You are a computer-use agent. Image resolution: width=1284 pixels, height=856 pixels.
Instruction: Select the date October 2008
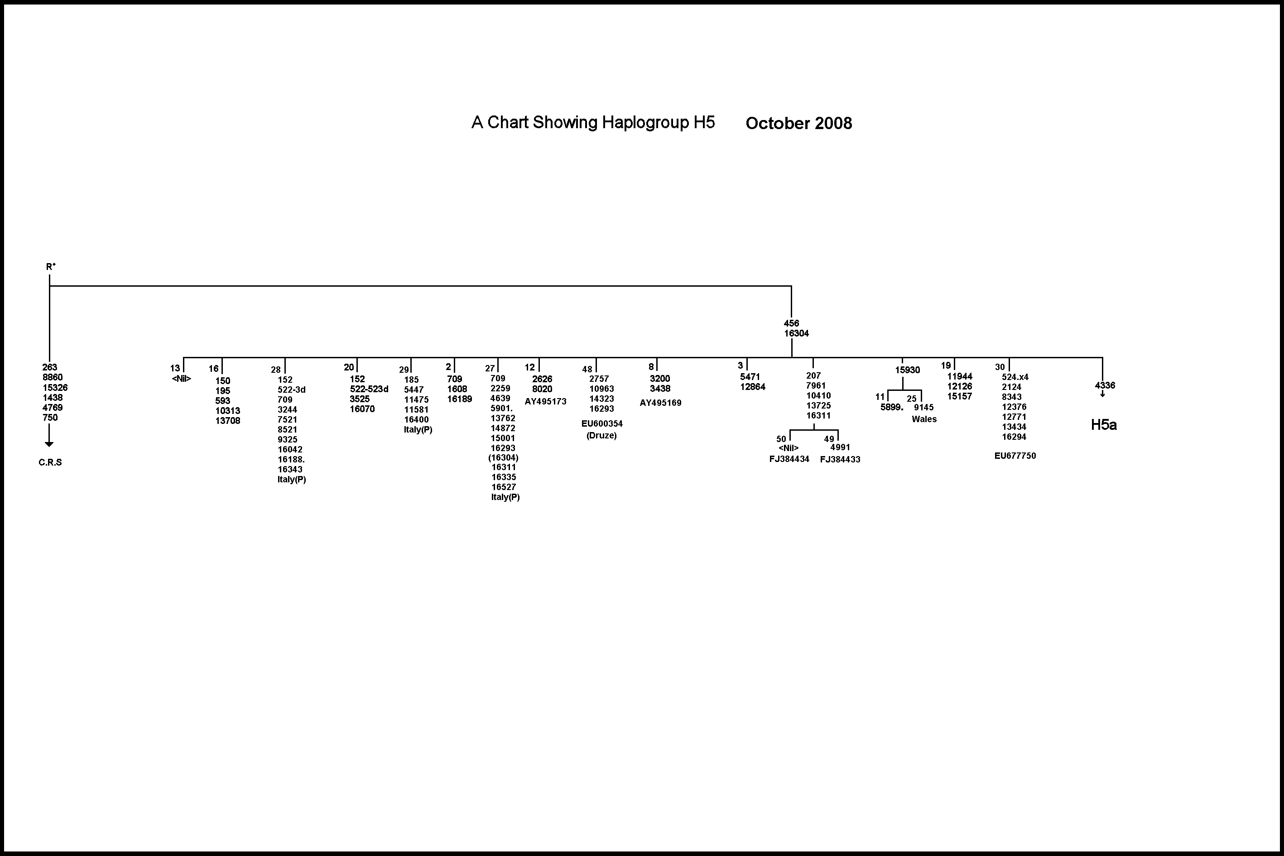coord(798,123)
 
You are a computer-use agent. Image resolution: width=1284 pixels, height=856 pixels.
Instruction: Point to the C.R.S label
coord(50,462)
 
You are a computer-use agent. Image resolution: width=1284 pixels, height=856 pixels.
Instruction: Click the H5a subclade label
coord(1103,425)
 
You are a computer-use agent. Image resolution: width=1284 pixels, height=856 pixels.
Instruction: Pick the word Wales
coord(923,419)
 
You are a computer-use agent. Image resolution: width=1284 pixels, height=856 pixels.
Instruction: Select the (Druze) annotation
coord(601,436)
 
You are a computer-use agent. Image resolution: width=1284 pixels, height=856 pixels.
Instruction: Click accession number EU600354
coord(601,423)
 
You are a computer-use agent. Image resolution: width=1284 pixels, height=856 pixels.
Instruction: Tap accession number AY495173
coord(545,402)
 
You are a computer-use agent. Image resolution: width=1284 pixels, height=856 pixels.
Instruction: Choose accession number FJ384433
coord(840,460)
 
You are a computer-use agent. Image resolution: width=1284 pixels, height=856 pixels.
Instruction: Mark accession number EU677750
coord(1015,456)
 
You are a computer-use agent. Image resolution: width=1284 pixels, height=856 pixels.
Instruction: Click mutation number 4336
coord(1104,385)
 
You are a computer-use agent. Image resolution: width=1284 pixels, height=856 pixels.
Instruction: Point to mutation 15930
coord(907,370)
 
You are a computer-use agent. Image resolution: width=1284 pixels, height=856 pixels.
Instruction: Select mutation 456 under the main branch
coord(791,323)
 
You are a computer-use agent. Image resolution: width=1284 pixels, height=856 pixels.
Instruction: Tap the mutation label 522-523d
coord(369,389)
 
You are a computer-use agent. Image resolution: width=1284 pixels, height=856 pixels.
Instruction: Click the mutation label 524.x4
coord(1015,377)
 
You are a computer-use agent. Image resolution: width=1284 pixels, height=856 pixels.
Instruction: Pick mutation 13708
coord(228,421)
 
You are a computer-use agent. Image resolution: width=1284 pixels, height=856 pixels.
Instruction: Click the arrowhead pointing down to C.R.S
coord(49,444)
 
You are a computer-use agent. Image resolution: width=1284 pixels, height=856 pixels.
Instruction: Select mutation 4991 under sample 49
coord(840,447)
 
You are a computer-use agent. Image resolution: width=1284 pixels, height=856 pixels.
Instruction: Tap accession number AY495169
coord(660,403)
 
